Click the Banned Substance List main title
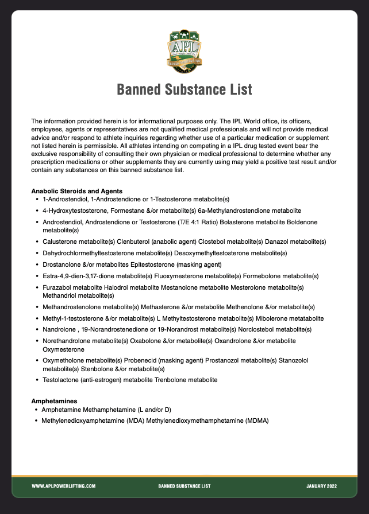[184, 90]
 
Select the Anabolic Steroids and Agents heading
[76, 191]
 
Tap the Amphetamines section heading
[54, 401]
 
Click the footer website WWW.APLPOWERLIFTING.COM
[63, 486]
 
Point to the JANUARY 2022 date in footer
[322, 486]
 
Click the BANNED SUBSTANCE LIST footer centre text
[184, 486]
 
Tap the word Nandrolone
[58, 329]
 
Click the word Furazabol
[56, 287]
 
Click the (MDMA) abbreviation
[256, 420]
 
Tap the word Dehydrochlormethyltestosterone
[90, 252]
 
